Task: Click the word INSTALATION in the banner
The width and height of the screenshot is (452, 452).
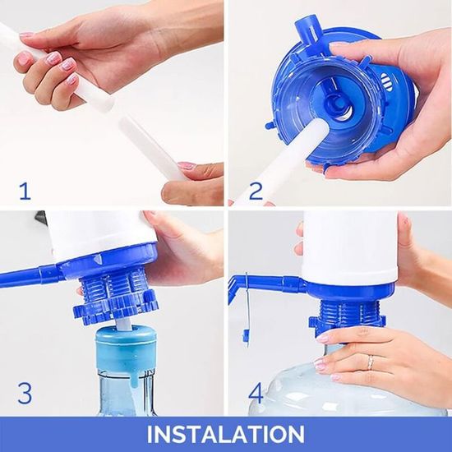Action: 226,434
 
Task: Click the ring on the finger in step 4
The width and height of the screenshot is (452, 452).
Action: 371,362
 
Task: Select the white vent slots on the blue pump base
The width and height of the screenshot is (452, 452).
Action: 385,81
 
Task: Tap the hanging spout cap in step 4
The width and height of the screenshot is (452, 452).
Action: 246,338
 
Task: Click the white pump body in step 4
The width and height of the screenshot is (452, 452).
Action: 351,247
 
